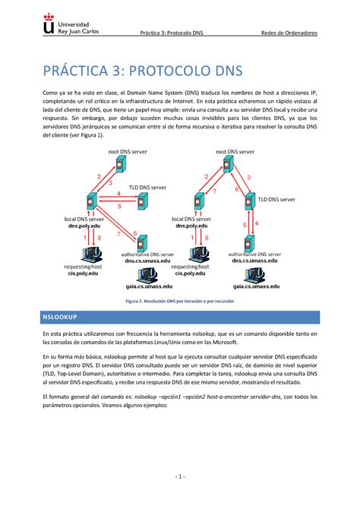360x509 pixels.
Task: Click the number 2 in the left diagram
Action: pyautogui.click(x=97, y=176)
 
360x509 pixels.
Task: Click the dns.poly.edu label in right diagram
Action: pyautogui.click(x=191, y=226)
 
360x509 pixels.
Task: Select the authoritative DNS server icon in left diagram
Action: pyautogui.click(x=141, y=244)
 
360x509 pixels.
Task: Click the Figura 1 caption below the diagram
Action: pyautogui.click(x=179, y=302)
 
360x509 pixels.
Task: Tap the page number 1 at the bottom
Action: pyautogui.click(x=179, y=476)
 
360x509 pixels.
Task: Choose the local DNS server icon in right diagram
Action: pyautogui.click(x=199, y=203)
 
